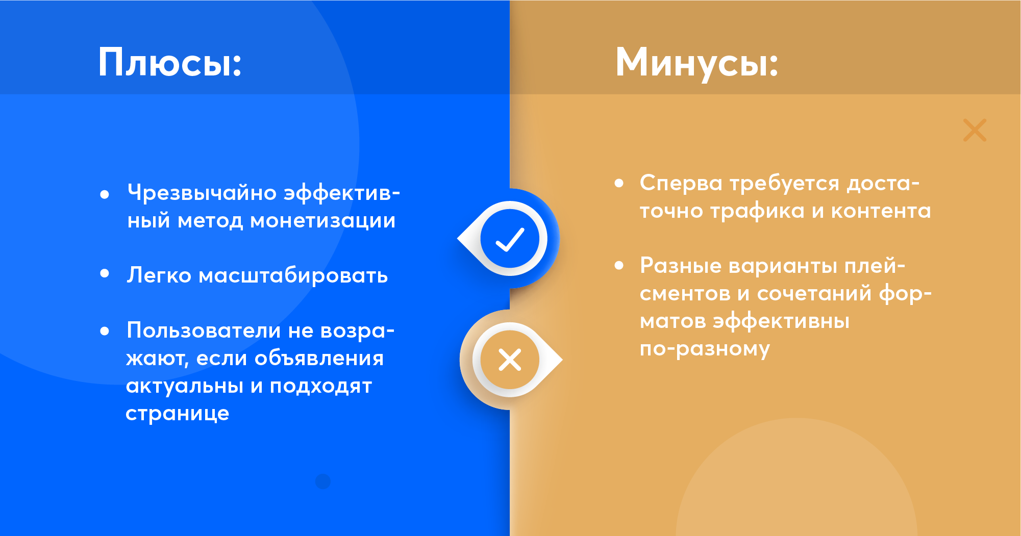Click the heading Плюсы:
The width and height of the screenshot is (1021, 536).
170,63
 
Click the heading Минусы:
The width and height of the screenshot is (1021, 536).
697,63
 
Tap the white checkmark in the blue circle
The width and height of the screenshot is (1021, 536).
510,239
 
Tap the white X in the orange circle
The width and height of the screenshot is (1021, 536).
510,360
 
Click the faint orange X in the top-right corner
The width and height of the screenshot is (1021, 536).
975,130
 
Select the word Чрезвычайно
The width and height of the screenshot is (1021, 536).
202,193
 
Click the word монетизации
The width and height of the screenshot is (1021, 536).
322,221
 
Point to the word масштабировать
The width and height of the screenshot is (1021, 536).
293,276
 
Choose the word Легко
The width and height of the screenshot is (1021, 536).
159,276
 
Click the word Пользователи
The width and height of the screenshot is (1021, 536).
204,330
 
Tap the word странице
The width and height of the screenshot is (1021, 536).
178,414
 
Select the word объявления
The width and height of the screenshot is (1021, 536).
319,359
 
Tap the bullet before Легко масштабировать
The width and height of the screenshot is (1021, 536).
105,273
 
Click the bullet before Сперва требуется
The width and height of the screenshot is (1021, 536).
619,183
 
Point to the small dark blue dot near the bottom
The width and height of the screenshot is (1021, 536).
323,481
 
